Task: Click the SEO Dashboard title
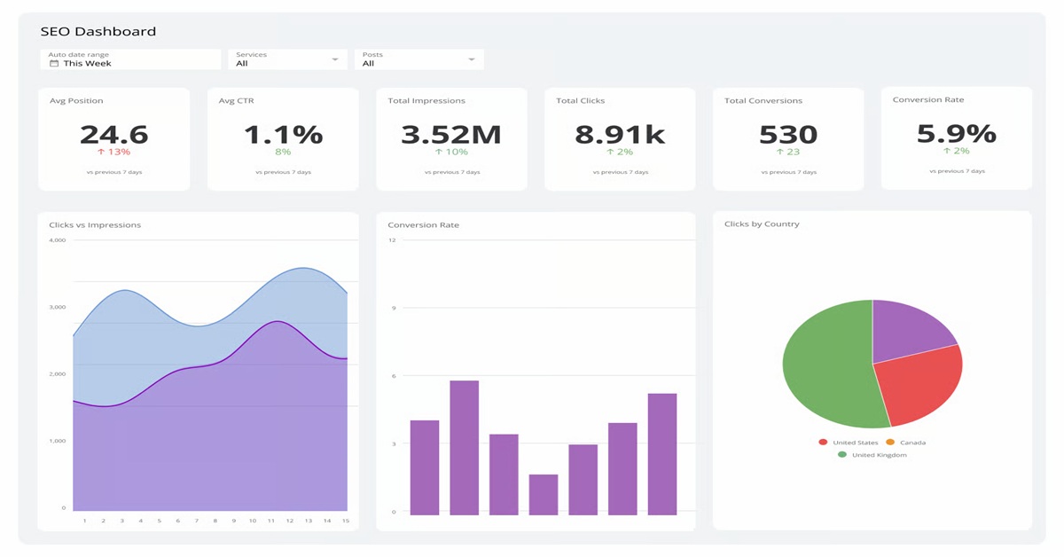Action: pyautogui.click(x=98, y=32)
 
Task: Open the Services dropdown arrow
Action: pyautogui.click(x=335, y=59)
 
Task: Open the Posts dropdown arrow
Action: pyautogui.click(x=472, y=59)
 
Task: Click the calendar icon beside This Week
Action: pyautogui.click(x=54, y=64)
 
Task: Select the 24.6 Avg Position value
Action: pyautogui.click(x=113, y=135)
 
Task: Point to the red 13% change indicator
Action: pyautogui.click(x=113, y=152)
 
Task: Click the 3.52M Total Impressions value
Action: pyautogui.click(x=450, y=135)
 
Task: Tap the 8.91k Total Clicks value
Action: pyautogui.click(x=619, y=135)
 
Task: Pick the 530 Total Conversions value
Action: pyautogui.click(x=787, y=135)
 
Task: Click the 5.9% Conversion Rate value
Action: pyautogui.click(x=956, y=134)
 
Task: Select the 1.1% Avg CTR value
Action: pyautogui.click(x=283, y=135)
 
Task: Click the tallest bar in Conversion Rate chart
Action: pyautogui.click(x=464, y=448)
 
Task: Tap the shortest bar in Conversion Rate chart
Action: pyautogui.click(x=544, y=495)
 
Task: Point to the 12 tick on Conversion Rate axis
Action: pyautogui.click(x=392, y=240)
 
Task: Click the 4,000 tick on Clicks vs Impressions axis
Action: pyautogui.click(x=58, y=240)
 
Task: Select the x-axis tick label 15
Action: pyautogui.click(x=345, y=521)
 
